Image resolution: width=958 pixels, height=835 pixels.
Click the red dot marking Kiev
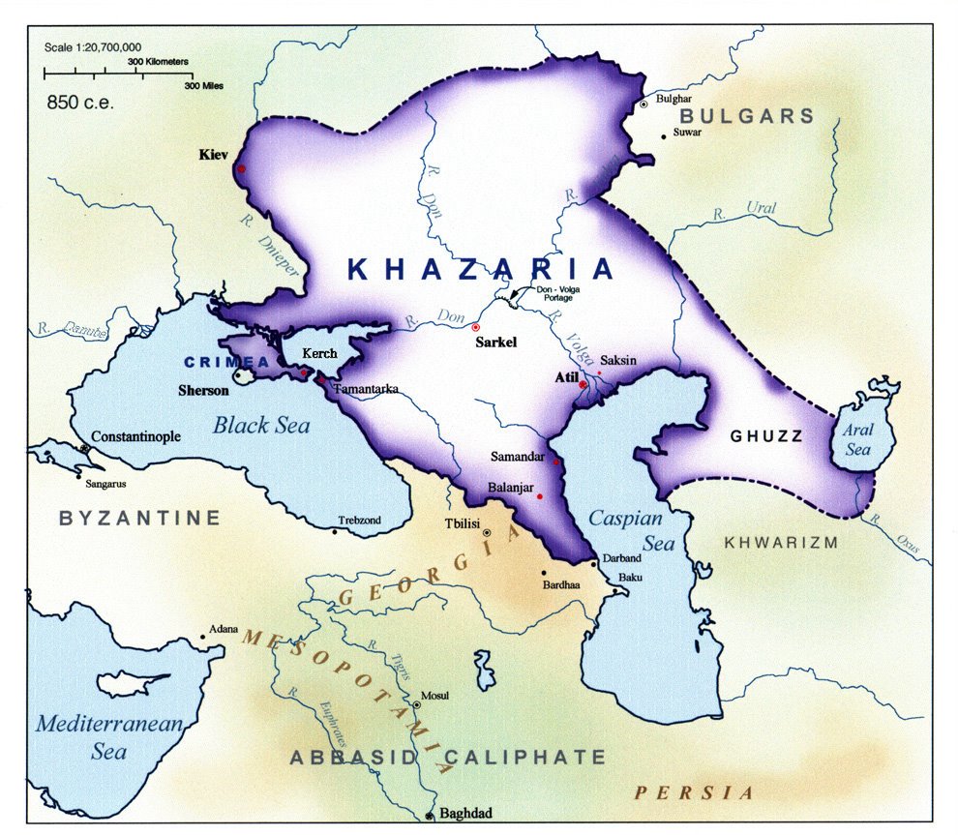(x=240, y=169)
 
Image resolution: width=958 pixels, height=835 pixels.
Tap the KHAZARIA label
(x=481, y=269)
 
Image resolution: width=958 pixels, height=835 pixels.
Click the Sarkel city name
(x=495, y=343)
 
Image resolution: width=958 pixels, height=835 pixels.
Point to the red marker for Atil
(x=583, y=385)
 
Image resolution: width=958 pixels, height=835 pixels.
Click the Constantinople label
(x=136, y=437)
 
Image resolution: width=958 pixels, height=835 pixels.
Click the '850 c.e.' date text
(x=81, y=102)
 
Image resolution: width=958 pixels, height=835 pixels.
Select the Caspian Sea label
(x=631, y=530)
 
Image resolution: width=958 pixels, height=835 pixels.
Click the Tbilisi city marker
(x=487, y=533)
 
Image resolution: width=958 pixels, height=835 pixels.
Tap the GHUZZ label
(x=767, y=436)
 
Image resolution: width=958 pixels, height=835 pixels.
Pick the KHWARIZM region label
(x=781, y=543)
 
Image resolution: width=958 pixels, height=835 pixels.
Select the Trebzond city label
(x=359, y=521)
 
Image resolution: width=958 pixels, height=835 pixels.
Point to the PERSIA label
(x=694, y=792)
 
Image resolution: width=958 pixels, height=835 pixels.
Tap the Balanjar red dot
(x=540, y=497)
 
